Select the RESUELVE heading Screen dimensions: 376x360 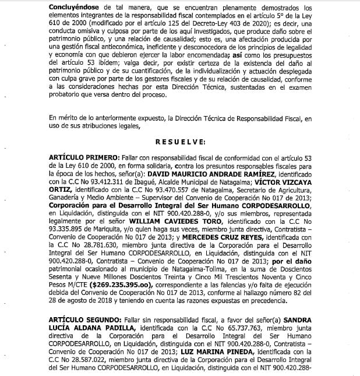[x=180, y=142]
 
